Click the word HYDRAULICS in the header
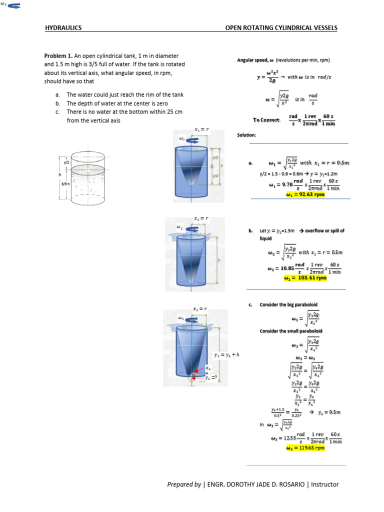point(63,28)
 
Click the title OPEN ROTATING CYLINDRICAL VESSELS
point(281,28)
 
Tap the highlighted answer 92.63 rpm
point(305,195)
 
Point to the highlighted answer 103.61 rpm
point(304,278)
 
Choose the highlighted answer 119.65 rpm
point(304,448)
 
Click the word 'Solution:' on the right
point(246,135)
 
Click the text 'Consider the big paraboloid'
point(288,304)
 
